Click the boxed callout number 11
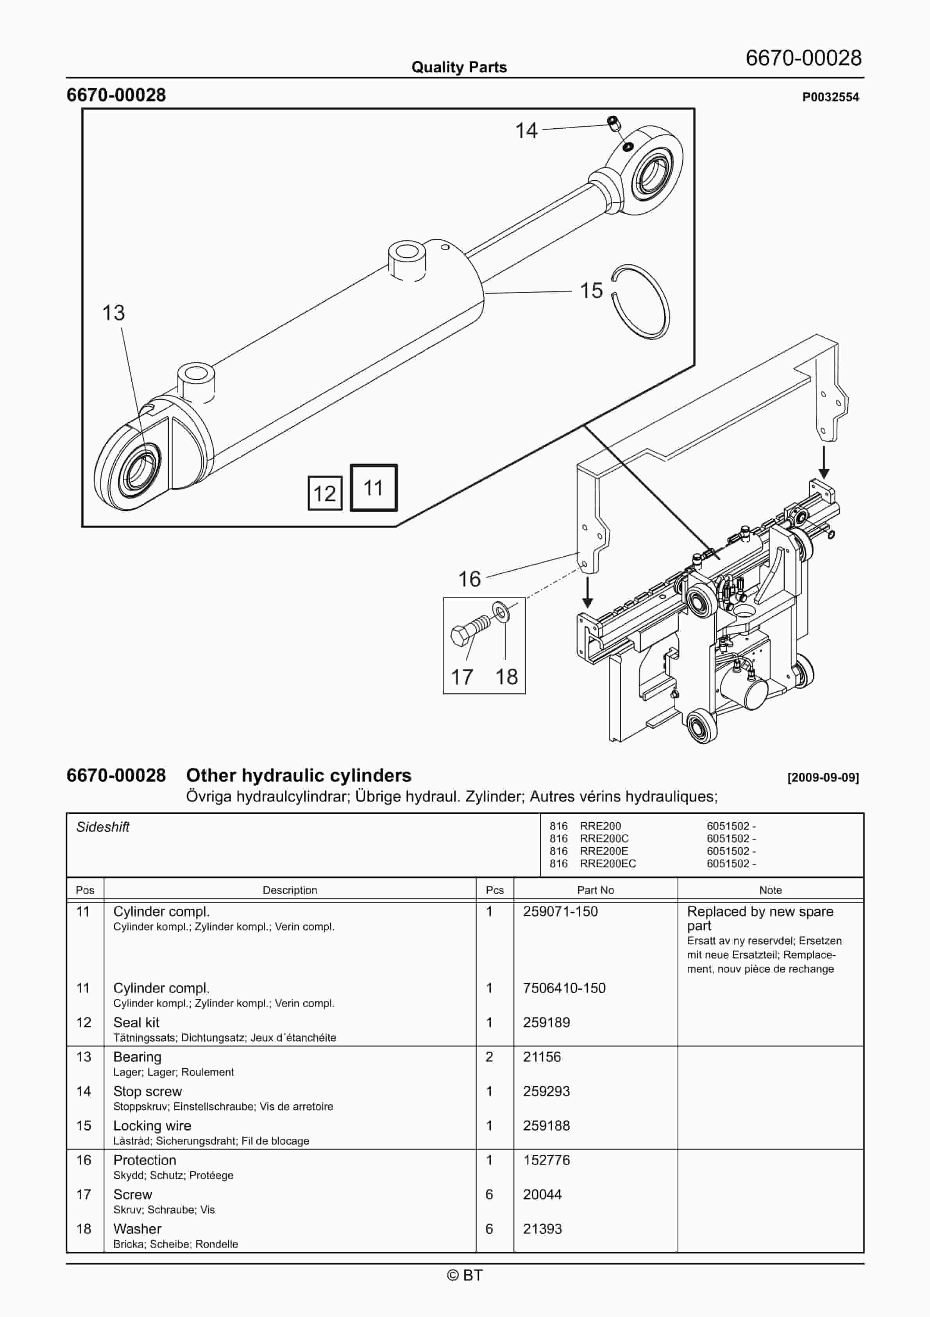tap(373, 488)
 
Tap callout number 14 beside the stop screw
tap(526, 131)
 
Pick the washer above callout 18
tap(501, 612)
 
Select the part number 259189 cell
tap(546, 1022)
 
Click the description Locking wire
tap(152, 1125)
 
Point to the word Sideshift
tap(103, 827)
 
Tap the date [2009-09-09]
tap(823, 777)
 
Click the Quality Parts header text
tap(459, 67)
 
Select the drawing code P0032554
tap(830, 97)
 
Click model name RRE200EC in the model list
tap(608, 863)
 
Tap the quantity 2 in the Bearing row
tap(489, 1057)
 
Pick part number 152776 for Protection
tap(546, 1160)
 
